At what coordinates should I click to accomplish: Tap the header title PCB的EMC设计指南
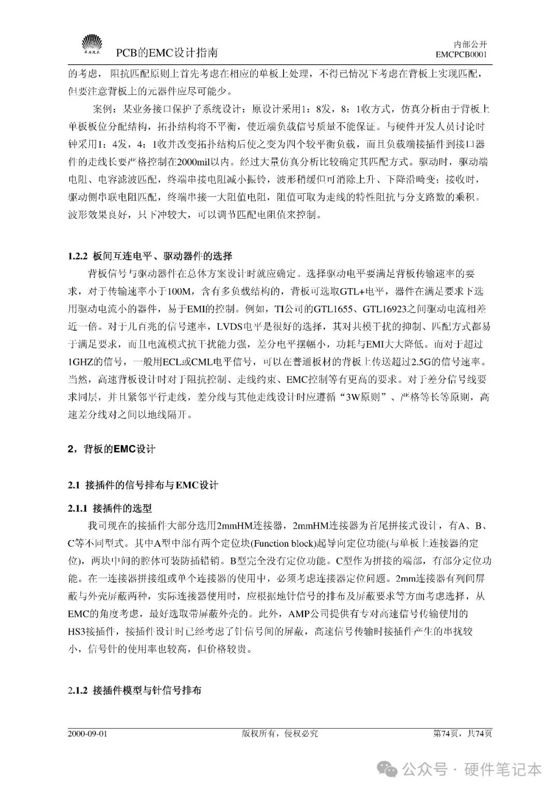pos(166,53)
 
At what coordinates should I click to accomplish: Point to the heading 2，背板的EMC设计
pos(111,449)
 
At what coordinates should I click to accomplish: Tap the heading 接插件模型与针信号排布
pos(147,690)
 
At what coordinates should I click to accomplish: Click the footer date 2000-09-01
pos(87,733)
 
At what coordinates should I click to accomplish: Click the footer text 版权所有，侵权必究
pos(279,733)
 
